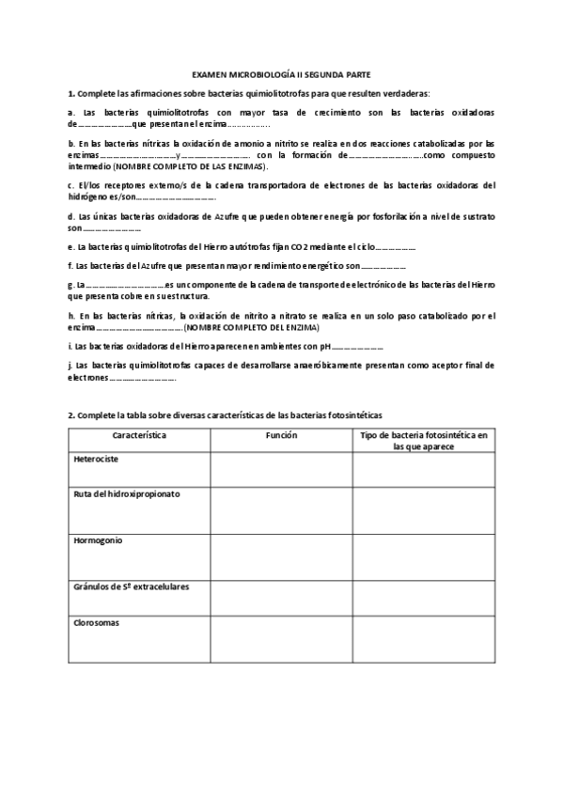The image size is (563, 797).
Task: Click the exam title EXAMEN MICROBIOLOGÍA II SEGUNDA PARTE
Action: click(280, 72)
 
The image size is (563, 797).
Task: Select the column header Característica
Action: click(139, 436)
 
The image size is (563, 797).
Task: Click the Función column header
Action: click(280, 436)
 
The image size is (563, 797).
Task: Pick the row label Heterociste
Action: click(96, 460)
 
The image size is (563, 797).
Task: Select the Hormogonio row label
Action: click(98, 540)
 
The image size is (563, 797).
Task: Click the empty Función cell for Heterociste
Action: click(280, 469)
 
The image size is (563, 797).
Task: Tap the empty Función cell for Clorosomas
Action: click(280, 640)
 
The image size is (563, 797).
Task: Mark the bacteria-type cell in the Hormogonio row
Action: click(424, 556)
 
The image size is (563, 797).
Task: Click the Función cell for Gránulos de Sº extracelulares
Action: click(280, 598)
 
